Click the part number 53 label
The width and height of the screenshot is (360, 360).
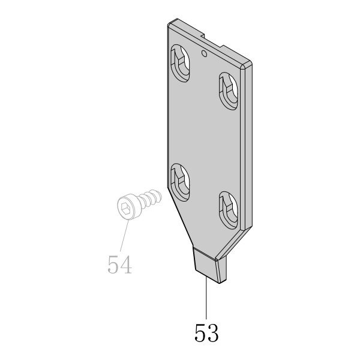pos(206,332)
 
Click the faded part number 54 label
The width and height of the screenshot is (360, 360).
pos(119,265)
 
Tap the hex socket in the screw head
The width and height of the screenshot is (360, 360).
pos(125,208)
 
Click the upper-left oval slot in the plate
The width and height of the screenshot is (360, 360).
pos(180,64)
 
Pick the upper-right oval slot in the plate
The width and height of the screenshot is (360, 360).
pos(228,91)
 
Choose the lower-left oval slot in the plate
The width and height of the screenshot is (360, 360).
pos(180,182)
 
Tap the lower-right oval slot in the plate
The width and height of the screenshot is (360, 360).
pos(228,211)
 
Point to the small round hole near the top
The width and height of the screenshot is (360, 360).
pos(204,53)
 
